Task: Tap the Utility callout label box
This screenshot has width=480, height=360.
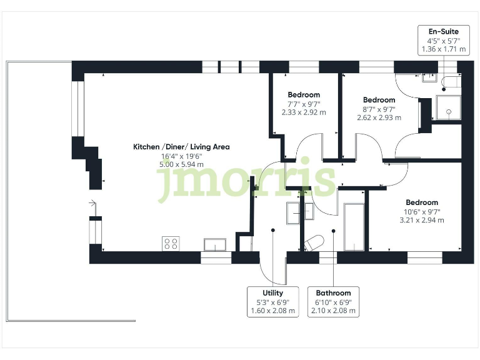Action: pyautogui.click(x=272, y=301)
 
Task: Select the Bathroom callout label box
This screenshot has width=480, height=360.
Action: pyautogui.click(x=333, y=301)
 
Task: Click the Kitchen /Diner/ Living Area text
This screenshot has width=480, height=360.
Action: pyautogui.click(x=181, y=147)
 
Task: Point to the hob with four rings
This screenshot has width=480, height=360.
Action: pyautogui.click(x=171, y=244)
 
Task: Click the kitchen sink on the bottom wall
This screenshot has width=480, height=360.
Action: pyautogui.click(x=215, y=244)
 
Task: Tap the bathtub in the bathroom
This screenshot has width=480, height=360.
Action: pyautogui.click(x=354, y=226)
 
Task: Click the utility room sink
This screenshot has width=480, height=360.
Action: pyautogui.click(x=294, y=213)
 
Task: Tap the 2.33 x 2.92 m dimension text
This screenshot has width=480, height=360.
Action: pyautogui.click(x=304, y=113)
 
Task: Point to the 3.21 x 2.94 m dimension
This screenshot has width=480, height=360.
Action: pyautogui.click(x=421, y=220)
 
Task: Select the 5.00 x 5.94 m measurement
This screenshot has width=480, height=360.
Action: pyautogui.click(x=181, y=165)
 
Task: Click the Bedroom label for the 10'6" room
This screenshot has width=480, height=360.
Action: pyautogui.click(x=421, y=202)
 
